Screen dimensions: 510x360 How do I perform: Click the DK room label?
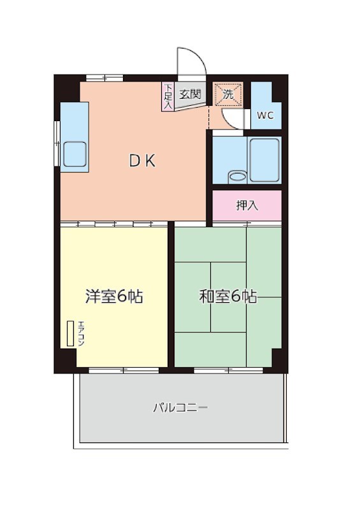(143, 161)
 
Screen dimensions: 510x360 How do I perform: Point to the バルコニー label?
(180, 407)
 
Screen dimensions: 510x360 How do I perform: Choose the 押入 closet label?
(247, 205)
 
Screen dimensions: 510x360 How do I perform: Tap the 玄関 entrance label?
(190, 94)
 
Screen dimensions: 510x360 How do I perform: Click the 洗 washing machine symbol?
(227, 94)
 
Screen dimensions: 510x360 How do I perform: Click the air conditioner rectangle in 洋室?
(69, 333)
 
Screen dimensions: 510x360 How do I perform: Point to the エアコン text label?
(81, 333)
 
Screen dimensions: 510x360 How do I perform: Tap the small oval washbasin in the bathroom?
(236, 176)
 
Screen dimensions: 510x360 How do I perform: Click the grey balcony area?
(180, 421)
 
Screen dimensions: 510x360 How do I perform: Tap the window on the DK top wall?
(104, 78)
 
